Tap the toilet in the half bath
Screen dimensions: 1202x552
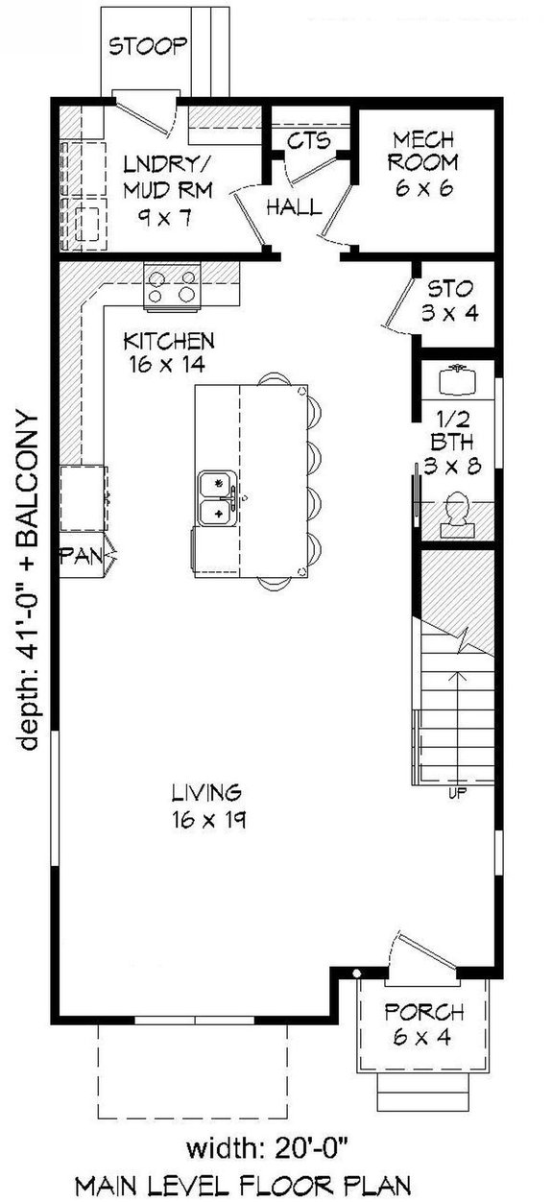[456, 514]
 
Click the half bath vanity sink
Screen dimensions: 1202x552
[457, 379]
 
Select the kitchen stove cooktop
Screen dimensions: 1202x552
[173, 285]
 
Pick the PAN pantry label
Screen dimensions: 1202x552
[81, 557]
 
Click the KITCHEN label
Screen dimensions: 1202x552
[169, 352]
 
